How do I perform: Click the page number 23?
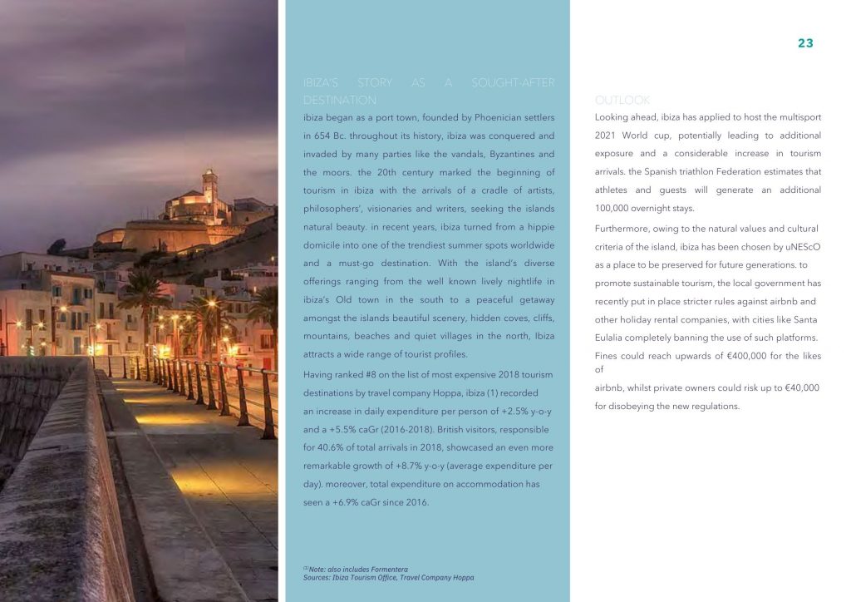805,43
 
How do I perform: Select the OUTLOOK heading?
622,100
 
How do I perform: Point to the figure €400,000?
728,356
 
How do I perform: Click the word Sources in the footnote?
317,577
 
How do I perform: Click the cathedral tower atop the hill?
209,185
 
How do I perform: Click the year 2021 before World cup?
608,136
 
